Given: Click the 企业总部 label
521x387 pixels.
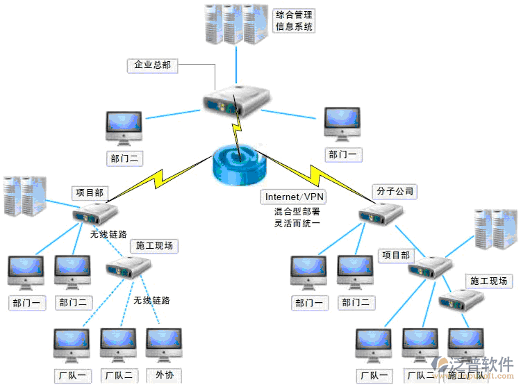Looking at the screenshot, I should [x=151, y=65].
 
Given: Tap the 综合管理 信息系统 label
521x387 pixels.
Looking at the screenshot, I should [x=294, y=21].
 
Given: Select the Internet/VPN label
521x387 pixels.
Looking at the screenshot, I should [x=295, y=197].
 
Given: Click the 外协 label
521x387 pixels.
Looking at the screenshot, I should [x=165, y=375].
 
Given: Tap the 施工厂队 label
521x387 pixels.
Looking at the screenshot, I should [x=467, y=375].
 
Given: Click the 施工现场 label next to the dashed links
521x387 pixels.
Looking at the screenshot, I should [x=154, y=245].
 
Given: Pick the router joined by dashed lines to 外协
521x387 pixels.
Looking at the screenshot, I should [x=129, y=266].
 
